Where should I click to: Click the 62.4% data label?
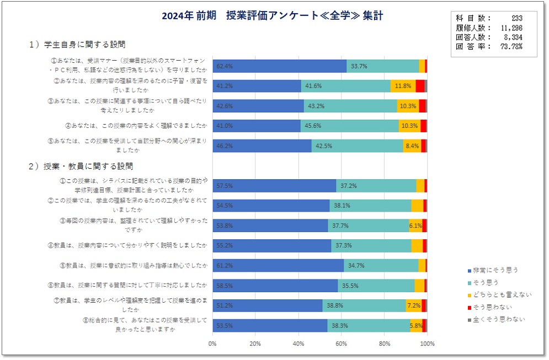tap(225, 66)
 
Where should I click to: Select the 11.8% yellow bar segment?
tap(403, 86)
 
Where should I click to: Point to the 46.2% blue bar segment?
tap(262, 146)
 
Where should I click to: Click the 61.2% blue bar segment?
tap(278, 265)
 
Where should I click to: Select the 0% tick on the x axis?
tap(213, 344)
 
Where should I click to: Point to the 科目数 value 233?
tap(516, 18)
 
